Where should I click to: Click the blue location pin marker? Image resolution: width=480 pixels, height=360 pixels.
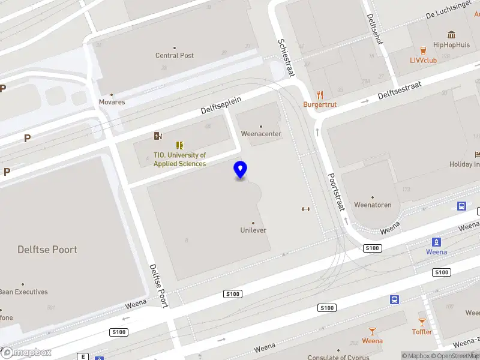(x=240, y=170)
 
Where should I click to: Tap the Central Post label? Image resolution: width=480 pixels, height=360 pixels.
(x=175, y=55)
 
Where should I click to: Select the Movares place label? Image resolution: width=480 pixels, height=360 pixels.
(x=112, y=102)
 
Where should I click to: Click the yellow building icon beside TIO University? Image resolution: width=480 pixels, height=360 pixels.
(x=179, y=145)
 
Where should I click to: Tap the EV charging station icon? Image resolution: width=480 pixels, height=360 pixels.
(x=158, y=136)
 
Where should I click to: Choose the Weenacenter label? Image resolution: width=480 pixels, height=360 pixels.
(x=261, y=134)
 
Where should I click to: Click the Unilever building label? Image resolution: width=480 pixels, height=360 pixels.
(x=253, y=230)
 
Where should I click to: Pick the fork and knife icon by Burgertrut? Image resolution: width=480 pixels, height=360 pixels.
(x=320, y=94)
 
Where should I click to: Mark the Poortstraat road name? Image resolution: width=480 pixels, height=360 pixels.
(x=336, y=192)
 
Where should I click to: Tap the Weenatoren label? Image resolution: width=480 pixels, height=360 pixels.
(x=373, y=205)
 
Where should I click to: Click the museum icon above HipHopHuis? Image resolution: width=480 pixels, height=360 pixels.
(x=451, y=34)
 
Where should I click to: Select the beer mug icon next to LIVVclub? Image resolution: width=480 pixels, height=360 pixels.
(x=424, y=50)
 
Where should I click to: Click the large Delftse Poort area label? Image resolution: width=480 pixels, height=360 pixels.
(x=47, y=250)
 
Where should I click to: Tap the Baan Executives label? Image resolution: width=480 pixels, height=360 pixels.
(x=24, y=292)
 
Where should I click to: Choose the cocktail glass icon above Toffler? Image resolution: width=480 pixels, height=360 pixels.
(x=422, y=322)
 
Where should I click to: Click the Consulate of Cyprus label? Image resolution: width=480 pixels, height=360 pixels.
(x=338, y=358)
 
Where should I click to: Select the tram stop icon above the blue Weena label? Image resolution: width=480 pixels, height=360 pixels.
(x=436, y=242)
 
